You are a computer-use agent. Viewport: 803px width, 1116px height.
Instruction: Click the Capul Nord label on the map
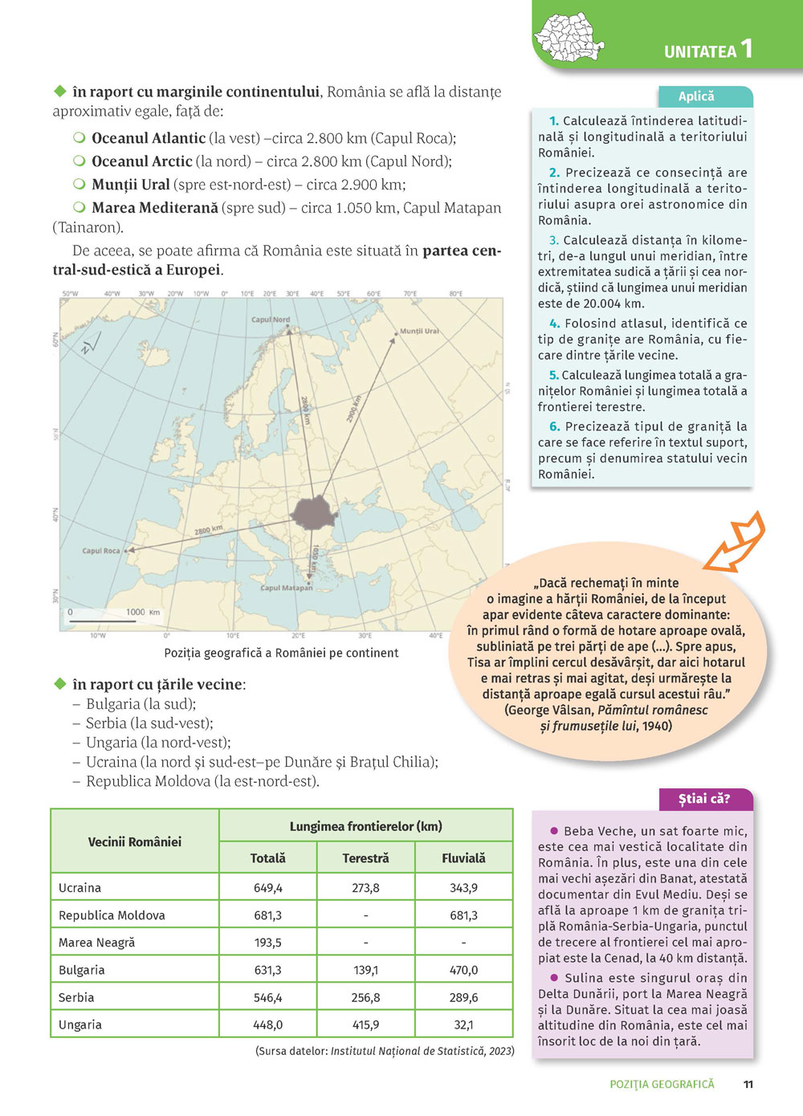point(271,320)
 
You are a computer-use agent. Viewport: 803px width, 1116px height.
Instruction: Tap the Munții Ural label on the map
point(419,331)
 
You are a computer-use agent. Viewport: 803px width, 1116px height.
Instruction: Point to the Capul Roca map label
point(101,551)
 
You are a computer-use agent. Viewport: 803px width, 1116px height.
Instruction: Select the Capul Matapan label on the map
point(287,588)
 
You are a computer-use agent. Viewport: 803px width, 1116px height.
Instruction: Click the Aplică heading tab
point(696,96)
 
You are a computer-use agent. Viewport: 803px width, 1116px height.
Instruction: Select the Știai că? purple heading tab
point(704,799)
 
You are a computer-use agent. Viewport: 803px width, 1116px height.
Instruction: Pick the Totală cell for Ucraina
point(268,888)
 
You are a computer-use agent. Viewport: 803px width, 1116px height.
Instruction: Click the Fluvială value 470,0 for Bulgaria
point(463,970)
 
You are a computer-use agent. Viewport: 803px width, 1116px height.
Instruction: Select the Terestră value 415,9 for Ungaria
point(365,1024)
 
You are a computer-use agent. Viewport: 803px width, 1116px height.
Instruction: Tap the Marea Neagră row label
point(97,943)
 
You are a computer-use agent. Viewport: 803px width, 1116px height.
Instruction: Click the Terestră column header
point(365,858)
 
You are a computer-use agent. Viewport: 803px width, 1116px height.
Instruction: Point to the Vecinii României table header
point(134,841)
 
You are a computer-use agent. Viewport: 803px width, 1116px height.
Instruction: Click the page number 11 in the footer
point(748,1084)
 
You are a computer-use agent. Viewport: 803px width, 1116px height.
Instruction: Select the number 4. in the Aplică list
point(554,324)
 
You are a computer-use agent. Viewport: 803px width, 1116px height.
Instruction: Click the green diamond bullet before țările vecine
point(59,684)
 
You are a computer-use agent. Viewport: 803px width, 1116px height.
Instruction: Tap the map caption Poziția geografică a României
point(281,653)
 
